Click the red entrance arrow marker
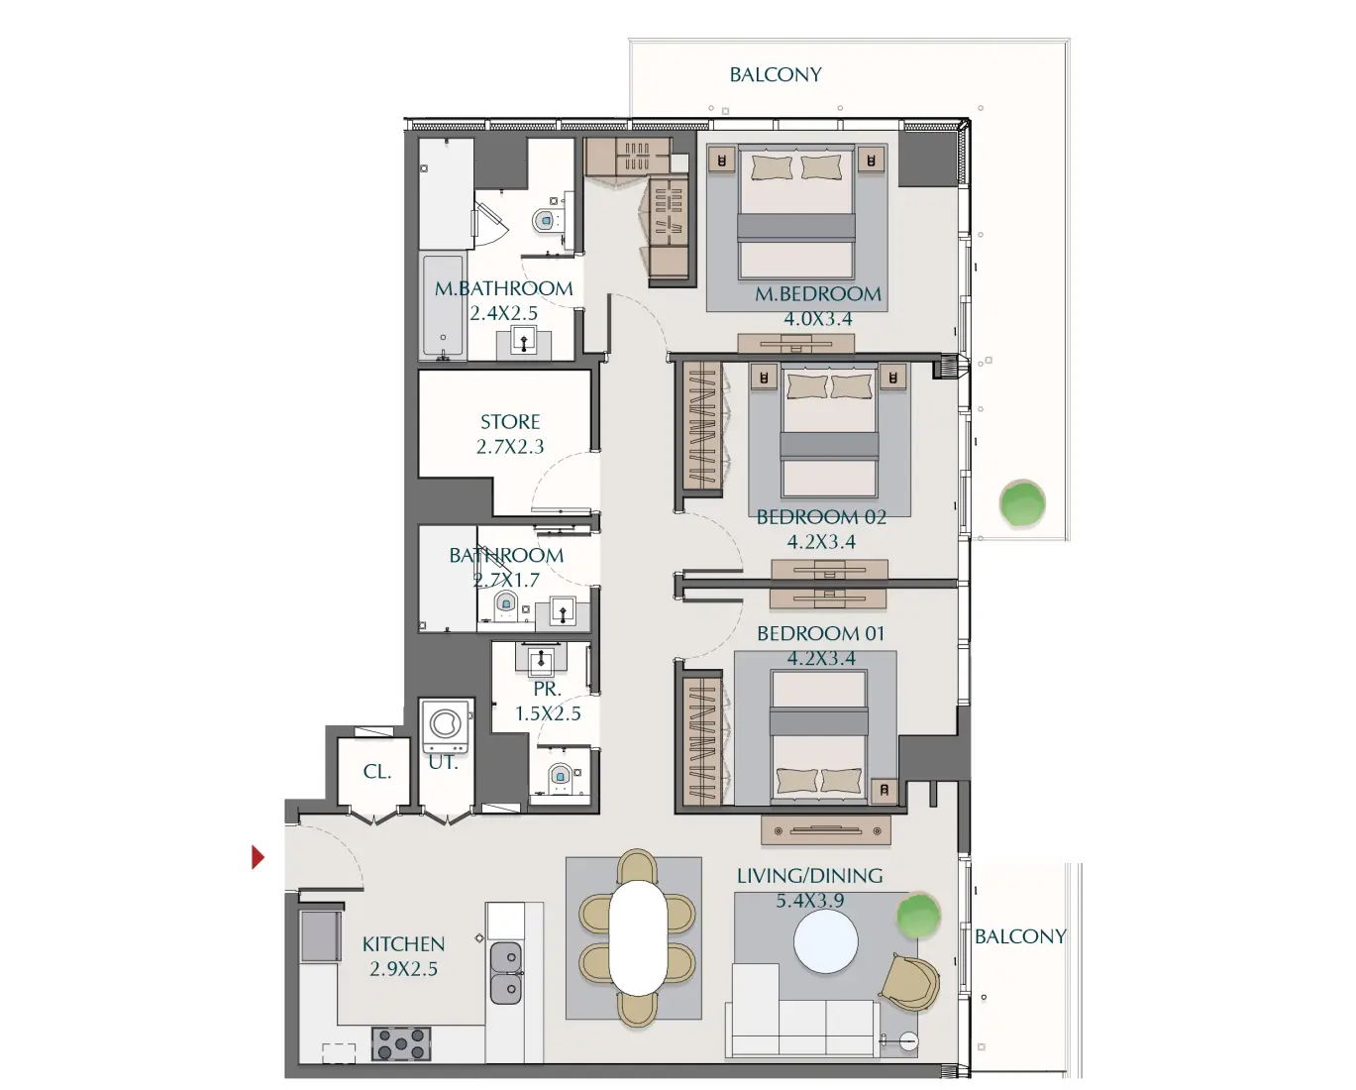point(258,857)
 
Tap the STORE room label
point(510,422)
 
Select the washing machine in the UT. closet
point(446,727)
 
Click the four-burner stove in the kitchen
point(401,1043)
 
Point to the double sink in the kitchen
point(506,973)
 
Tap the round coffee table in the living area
point(825,941)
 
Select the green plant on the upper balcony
point(1022,503)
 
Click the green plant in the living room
point(918,916)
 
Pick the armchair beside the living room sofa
point(911,983)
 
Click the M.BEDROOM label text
point(817,294)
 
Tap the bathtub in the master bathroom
point(443,306)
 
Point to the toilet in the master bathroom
point(546,220)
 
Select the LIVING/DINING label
point(809,876)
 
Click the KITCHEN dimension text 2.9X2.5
point(403,969)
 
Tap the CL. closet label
point(376,771)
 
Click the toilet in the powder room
point(561,776)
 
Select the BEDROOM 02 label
point(821,517)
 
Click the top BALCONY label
point(776,74)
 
